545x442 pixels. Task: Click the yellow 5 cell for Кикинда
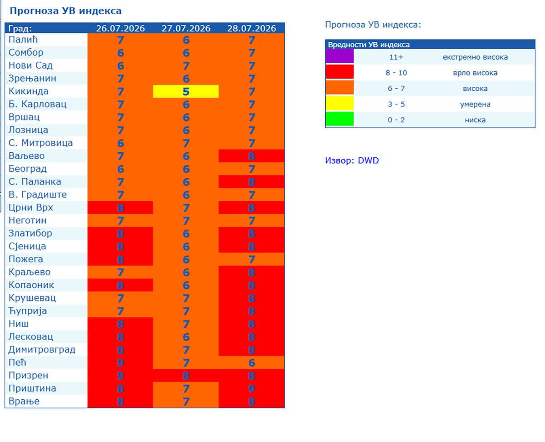185,91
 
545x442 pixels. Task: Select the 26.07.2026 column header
120,28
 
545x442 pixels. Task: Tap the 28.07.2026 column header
251,28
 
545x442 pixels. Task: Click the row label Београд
28,169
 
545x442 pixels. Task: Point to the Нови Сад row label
30,65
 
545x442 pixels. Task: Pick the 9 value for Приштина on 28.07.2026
251,388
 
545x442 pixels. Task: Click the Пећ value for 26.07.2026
120,362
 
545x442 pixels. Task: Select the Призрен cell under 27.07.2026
185,375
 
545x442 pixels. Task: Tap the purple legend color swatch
340,56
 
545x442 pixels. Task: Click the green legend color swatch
340,119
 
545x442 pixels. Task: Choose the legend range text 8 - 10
396,73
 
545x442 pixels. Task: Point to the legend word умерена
475,104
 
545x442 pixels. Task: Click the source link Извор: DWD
352,161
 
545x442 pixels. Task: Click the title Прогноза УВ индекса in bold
65,11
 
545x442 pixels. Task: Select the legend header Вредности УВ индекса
369,45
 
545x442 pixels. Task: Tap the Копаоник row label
31,285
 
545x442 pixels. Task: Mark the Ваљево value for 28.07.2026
251,156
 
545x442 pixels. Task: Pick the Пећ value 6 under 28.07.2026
251,362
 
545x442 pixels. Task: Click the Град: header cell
20,28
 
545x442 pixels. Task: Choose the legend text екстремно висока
475,57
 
